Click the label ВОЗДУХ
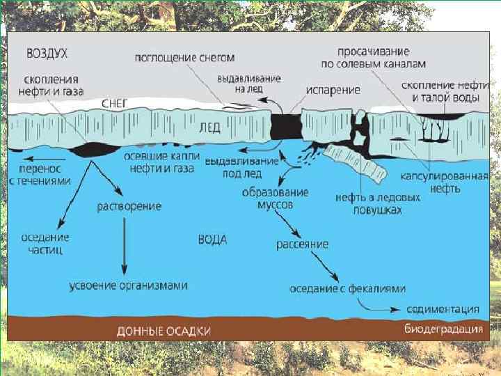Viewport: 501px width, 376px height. point(47,52)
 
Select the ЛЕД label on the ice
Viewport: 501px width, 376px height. point(210,128)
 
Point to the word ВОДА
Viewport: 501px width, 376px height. point(212,239)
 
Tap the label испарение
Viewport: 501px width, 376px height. point(335,91)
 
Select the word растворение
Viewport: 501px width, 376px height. point(129,206)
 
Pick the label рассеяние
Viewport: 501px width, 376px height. point(302,244)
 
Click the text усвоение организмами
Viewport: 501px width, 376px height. point(129,285)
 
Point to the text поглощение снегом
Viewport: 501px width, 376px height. point(184,57)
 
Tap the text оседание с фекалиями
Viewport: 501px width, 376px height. point(348,288)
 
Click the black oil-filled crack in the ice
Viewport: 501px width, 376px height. point(284,126)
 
